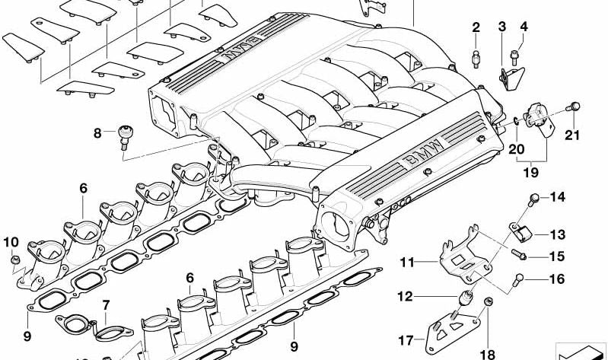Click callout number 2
(x=476, y=28)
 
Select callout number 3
(x=502, y=28)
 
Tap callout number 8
(x=97, y=134)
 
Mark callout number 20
(x=517, y=149)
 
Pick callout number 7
(x=106, y=305)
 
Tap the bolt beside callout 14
(x=533, y=199)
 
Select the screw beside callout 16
(x=521, y=278)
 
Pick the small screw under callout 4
(x=514, y=55)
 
